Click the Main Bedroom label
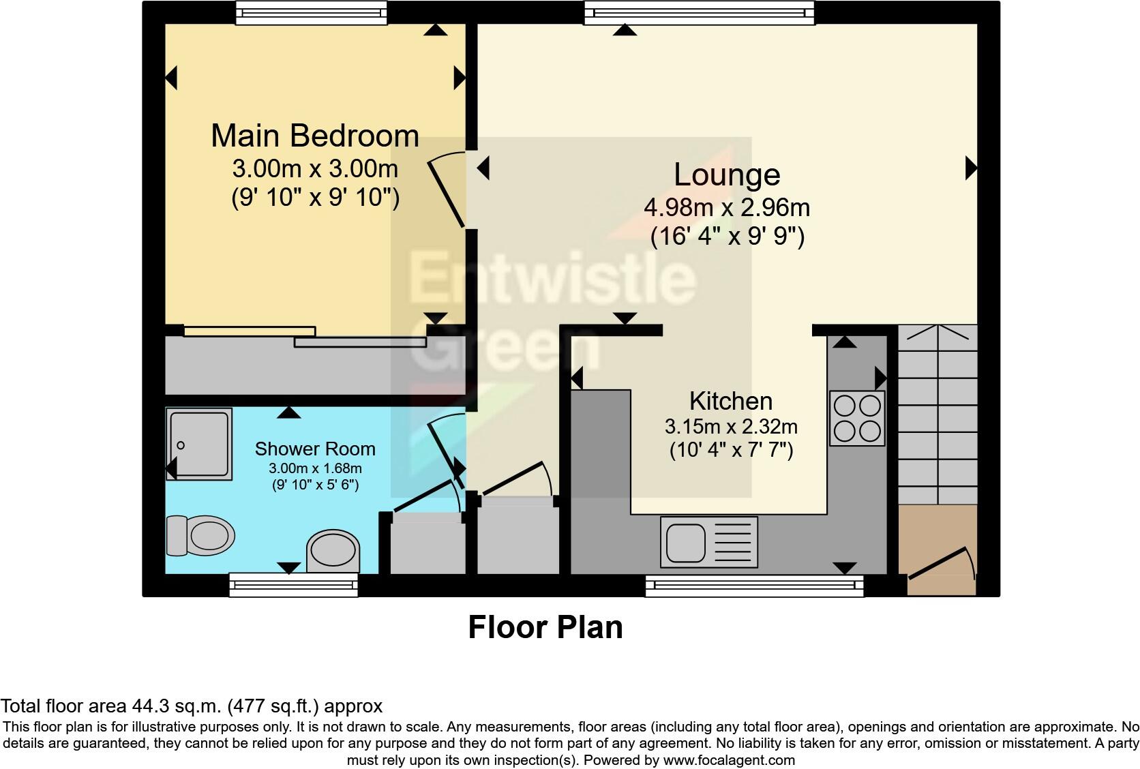(x=314, y=136)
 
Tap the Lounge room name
(x=727, y=175)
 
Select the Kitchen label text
(x=731, y=401)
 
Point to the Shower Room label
(x=315, y=449)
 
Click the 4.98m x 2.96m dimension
(x=727, y=207)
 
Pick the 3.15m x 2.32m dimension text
(x=731, y=427)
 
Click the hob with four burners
(x=857, y=419)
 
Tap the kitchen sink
(x=709, y=542)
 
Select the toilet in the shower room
(x=202, y=534)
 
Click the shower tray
(x=199, y=444)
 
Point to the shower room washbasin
(x=333, y=550)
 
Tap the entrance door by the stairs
(x=941, y=562)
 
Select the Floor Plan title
(x=545, y=627)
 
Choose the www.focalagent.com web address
(x=729, y=760)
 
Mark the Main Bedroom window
(x=311, y=13)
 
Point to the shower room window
(x=293, y=584)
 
